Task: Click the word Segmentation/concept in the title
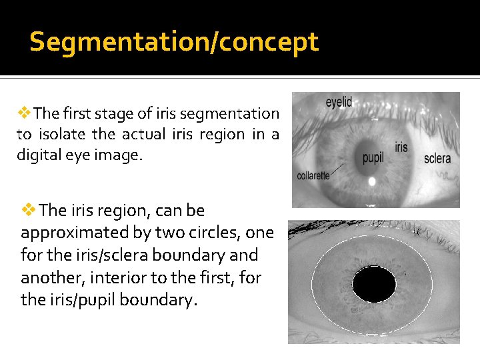click(x=174, y=42)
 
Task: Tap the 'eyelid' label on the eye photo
click(x=339, y=102)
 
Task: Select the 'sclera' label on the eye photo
click(x=437, y=159)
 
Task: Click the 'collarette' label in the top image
click(x=313, y=176)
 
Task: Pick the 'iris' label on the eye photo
click(x=401, y=147)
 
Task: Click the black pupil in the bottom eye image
click(x=379, y=285)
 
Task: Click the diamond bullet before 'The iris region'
click(x=31, y=211)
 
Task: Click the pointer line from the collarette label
click(x=346, y=169)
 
